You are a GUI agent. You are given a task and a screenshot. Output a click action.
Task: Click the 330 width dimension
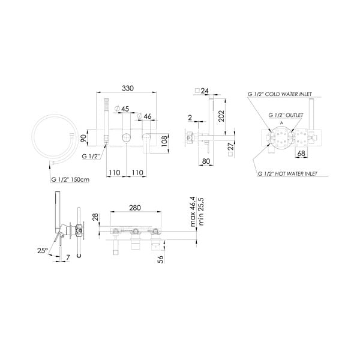click(127, 88)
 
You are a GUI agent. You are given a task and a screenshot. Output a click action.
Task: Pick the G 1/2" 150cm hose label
click(71, 179)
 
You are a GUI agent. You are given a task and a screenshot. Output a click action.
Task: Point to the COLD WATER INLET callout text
click(283, 95)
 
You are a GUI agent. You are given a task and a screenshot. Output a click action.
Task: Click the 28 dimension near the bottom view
click(95, 217)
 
